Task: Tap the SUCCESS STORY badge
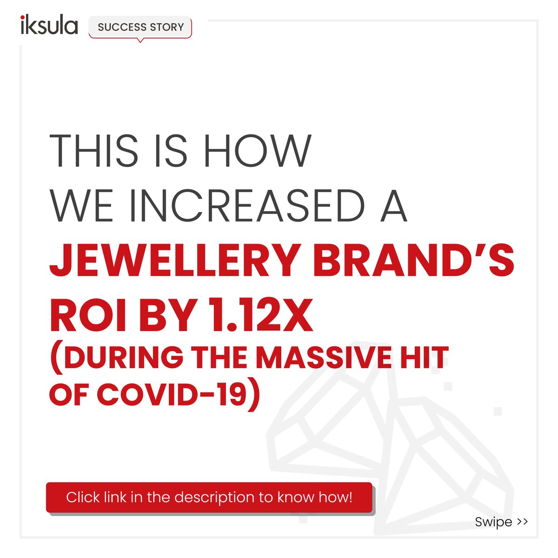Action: pyautogui.click(x=140, y=27)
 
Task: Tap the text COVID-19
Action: pyautogui.click(x=177, y=394)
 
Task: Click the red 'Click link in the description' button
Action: pyautogui.click(x=209, y=498)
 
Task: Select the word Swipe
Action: pyautogui.click(x=493, y=522)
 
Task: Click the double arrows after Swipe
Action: pyautogui.click(x=522, y=522)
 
